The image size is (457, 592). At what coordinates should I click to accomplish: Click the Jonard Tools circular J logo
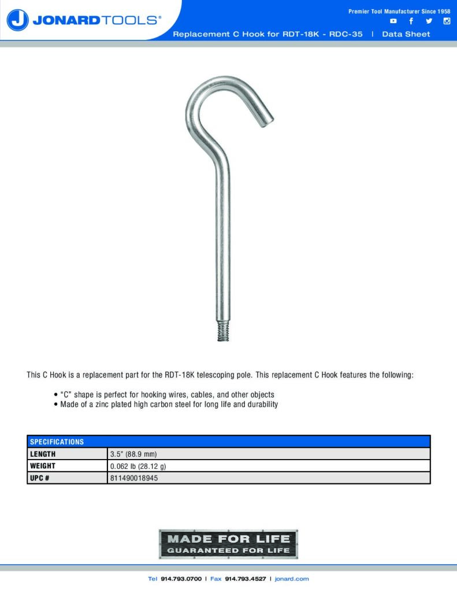tap(18, 20)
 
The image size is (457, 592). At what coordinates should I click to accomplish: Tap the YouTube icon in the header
tap(393, 21)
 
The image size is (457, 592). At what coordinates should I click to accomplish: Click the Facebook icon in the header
tap(411, 21)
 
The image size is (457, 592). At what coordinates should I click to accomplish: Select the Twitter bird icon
tap(429, 21)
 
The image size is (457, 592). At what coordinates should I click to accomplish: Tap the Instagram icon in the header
tap(447, 21)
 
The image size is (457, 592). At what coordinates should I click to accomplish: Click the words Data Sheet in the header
tap(406, 34)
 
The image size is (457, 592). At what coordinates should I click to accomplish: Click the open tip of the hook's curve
tap(265, 119)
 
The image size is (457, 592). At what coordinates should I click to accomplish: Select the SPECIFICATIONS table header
tap(57, 442)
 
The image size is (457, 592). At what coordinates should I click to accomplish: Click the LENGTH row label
tap(43, 454)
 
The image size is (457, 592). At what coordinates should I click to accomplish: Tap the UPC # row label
tap(39, 478)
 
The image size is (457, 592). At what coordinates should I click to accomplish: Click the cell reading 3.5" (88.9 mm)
tap(133, 454)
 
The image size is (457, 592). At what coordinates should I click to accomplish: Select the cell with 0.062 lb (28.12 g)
tap(138, 466)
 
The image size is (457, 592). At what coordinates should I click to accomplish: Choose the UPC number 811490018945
tap(134, 478)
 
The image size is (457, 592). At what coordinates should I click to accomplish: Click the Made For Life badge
tap(228, 544)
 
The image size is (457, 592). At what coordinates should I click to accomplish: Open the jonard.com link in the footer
tap(292, 579)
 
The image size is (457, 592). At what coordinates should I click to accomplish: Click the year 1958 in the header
tap(444, 12)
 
